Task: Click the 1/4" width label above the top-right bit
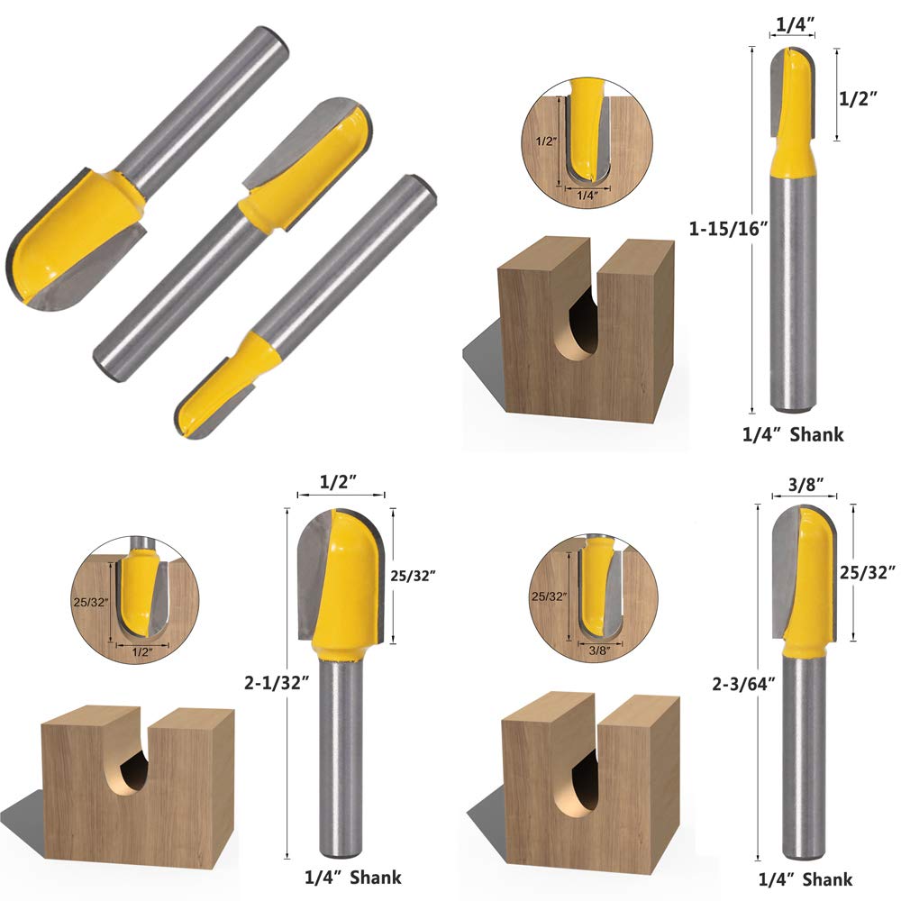pos(793,23)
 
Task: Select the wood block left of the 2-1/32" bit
pos(135,775)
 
